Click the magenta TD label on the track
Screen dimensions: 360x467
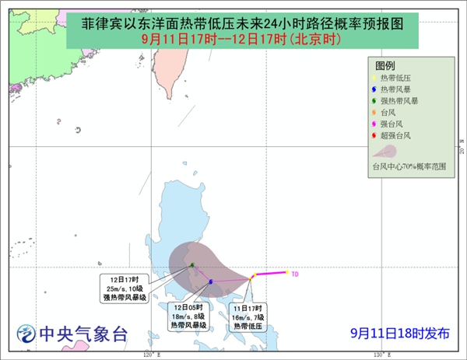295,274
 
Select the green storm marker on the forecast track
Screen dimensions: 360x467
191,266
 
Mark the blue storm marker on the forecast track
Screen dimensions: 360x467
210,281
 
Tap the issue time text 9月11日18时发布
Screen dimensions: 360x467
399,334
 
